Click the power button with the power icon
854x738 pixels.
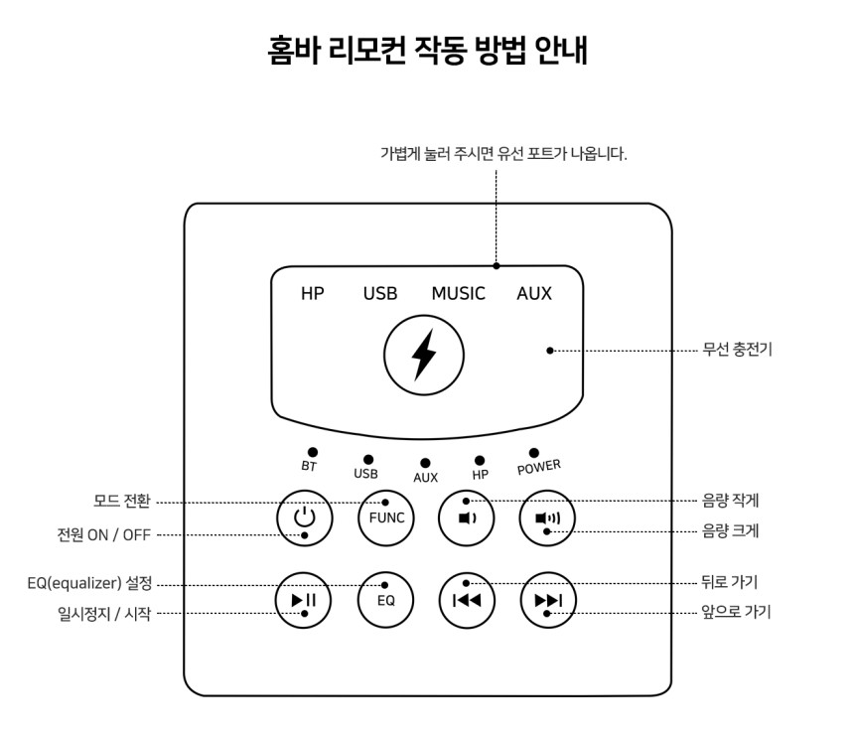[x=305, y=517]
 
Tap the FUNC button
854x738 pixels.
[x=386, y=517]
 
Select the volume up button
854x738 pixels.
[x=547, y=517]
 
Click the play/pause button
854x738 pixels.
[x=303, y=600]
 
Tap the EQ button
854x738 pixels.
[x=385, y=600]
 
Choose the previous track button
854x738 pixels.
[x=467, y=600]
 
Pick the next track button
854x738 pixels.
[x=548, y=600]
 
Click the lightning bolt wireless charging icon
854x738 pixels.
[x=424, y=355]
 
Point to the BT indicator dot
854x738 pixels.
[x=313, y=452]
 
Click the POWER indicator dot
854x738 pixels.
[x=534, y=453]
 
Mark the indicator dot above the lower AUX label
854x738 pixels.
[x=425, y=463]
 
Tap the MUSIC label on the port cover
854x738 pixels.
[x=458, y=294]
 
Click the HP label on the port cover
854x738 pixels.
[x=313, y=294]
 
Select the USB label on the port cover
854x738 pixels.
[x=380, y=294]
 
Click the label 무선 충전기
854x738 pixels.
[x=738, y=349]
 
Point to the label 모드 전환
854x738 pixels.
[x=122, y=501]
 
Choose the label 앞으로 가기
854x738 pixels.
[x=737, y=612]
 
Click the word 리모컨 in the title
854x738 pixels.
[x=367, y=50]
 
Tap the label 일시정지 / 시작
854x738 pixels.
[x=104, y=614]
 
